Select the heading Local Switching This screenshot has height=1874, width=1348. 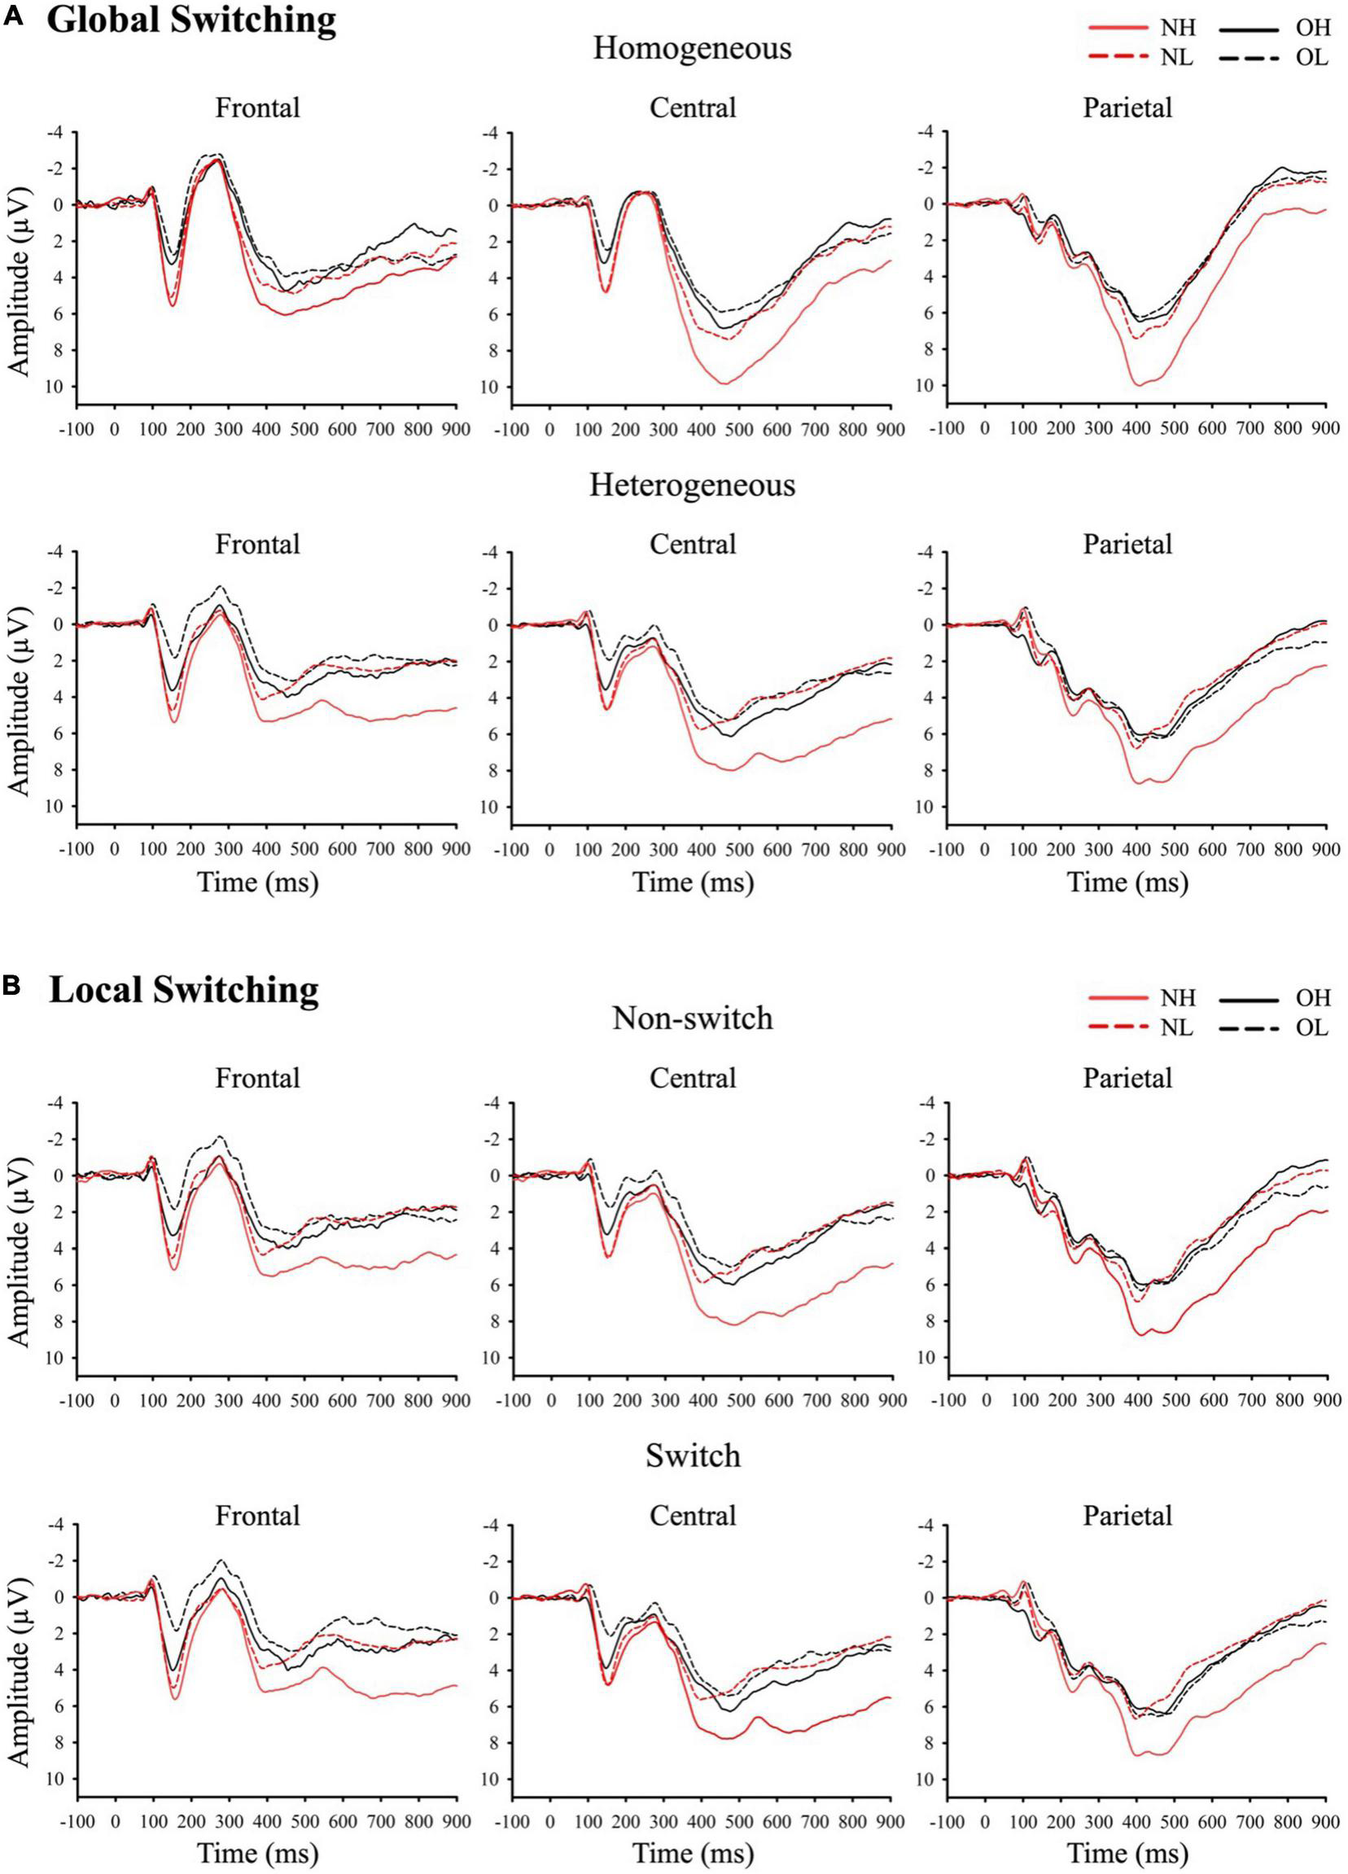point(183,988)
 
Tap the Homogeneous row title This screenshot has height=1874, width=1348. point(692,48)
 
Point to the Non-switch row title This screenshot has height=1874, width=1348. point(692,1018)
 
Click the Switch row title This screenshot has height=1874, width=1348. point(692,1455)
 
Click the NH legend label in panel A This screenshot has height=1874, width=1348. point(1178,28)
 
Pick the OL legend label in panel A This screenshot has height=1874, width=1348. point(1313,58)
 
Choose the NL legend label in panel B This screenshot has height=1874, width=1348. point(1177,1028)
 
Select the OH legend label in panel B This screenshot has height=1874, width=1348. point(1313,998)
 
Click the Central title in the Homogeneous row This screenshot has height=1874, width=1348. point(692,107)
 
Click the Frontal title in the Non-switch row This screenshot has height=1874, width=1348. point(258,1079)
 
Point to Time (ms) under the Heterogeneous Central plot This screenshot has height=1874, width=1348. point(692,882)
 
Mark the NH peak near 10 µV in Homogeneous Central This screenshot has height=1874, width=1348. point(724,383)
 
